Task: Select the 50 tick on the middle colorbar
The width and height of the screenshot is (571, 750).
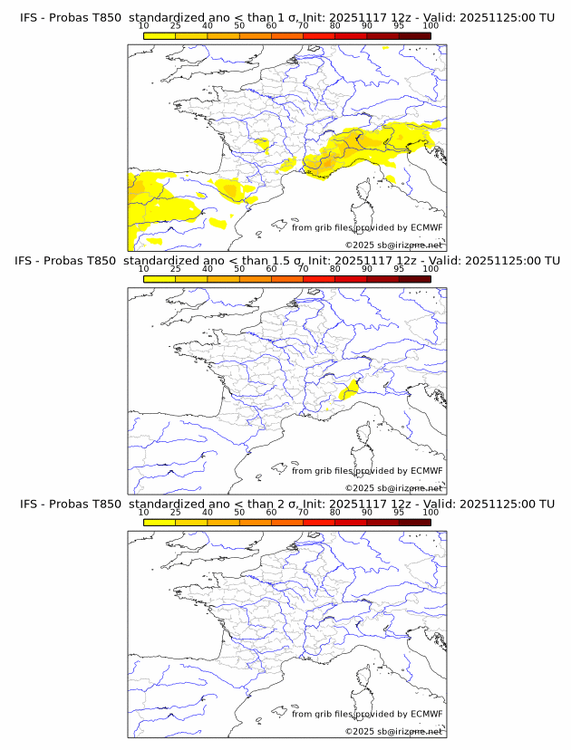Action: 239,269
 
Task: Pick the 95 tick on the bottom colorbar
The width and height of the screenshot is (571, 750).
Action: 399,512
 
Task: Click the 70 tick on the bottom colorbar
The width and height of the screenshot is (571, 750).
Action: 303,512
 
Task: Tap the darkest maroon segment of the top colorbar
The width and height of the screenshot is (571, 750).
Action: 414,35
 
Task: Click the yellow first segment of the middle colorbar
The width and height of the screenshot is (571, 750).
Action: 160,279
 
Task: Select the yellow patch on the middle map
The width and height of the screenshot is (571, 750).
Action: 347,390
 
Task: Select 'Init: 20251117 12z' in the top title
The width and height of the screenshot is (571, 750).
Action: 354,17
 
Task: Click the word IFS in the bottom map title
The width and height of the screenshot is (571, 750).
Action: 29,504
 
